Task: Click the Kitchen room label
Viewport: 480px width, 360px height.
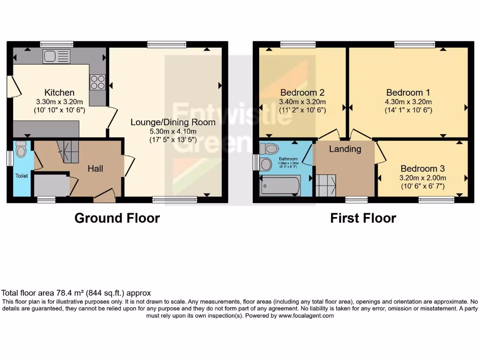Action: (60, 92)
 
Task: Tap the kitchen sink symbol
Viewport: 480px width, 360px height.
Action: (56, 57)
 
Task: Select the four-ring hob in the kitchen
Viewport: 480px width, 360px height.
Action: (97, 82)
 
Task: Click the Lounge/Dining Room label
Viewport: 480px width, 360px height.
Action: (173, 122)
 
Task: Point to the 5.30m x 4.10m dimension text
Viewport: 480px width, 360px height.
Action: (173, 131)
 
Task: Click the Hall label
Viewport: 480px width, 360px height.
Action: (96, 168)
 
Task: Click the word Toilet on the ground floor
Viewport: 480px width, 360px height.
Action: (22, 176)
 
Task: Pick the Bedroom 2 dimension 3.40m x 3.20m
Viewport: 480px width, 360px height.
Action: (302, 102)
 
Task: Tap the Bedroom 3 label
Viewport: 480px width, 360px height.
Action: (422, 168)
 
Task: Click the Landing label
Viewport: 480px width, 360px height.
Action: (345, 149)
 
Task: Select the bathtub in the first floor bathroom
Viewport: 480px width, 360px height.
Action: (280, 186)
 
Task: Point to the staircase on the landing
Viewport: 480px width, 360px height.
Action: (326, 185)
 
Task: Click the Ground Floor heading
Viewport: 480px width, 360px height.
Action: (117, 218)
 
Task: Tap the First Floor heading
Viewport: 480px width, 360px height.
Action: (363, 218)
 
